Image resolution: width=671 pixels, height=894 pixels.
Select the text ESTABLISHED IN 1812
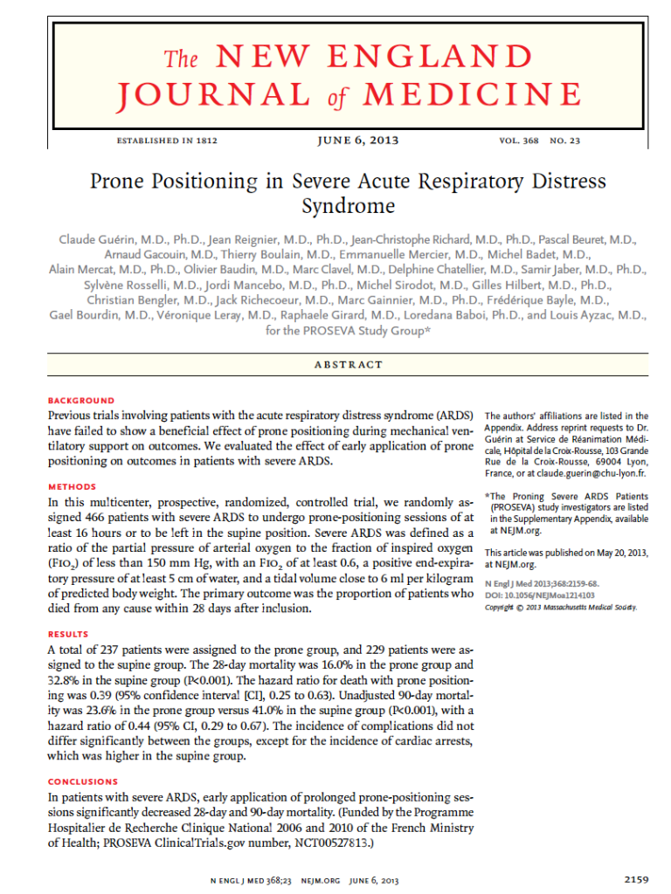pyautogui.click(x=166, y=141)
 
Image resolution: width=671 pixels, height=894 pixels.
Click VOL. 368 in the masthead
pyautogui.click(x=519, y=141)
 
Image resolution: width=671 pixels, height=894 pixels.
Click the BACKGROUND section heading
pyautogui.click(x=80, y=401)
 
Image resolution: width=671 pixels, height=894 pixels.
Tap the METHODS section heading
pyautogui.click(x=72, y=486)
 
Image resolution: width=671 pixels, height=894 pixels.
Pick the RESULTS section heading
pyautogui.click(x=69, y=633)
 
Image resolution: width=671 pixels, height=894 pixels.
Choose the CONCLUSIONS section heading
pyautogui.click(x=83, y=781)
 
